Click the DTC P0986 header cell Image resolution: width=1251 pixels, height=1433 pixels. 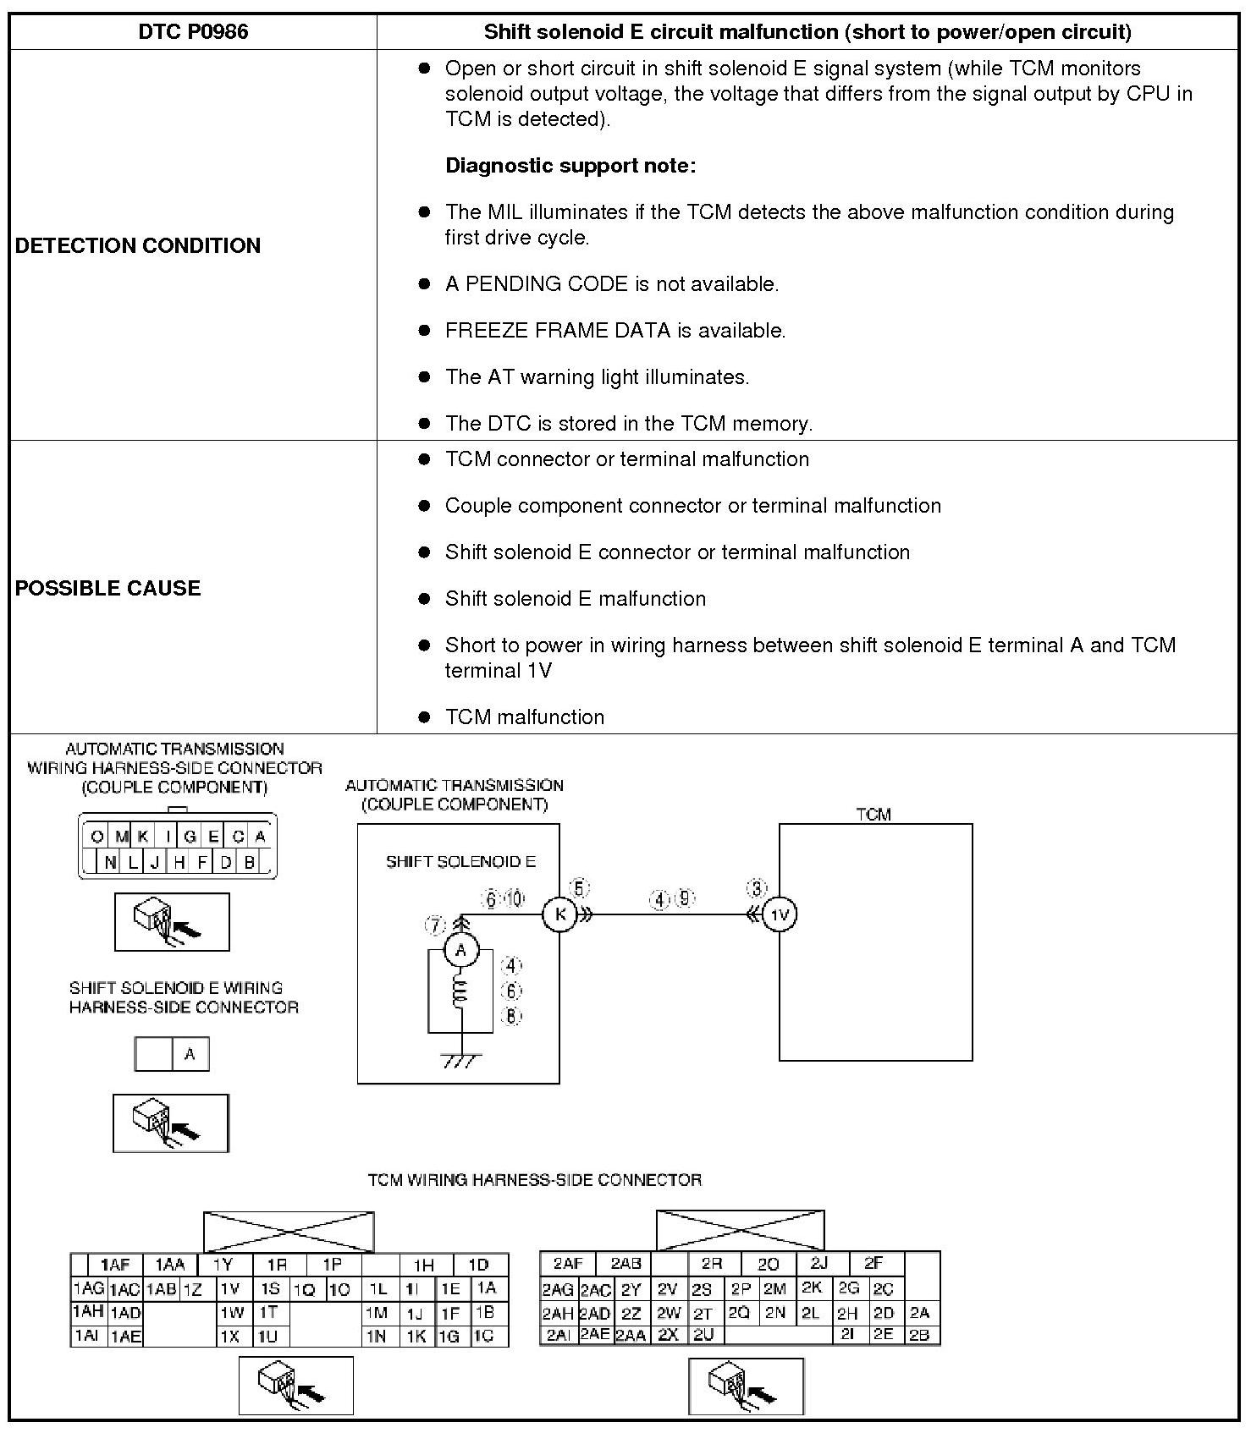[x=193, y=32]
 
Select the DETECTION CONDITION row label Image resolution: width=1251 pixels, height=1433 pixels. [x=138, y=245]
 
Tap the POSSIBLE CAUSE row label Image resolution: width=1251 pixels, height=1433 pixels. [x=107, y=588]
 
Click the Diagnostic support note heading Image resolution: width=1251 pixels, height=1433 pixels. [x=570, y=166]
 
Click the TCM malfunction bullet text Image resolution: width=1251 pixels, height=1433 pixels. [x=525, y=717]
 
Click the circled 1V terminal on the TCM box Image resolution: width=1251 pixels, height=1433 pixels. [x=780, y=914]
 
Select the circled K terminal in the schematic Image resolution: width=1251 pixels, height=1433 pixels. [x=559, y=914]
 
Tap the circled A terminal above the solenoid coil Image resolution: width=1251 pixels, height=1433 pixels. [x=461, y=950]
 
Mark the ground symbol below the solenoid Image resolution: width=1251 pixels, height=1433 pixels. [x=461, y=1060]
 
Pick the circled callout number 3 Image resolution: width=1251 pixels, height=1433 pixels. [x=756, y=888]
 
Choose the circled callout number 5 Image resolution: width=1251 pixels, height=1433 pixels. [x=579, y=888]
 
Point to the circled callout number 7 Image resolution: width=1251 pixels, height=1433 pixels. [x=435, y=926]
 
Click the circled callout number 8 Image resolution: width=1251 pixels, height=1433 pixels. [x=511, y=1016]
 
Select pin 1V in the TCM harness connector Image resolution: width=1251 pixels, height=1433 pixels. [x=230, y=1289]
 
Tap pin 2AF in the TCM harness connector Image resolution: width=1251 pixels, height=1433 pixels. [x=568, y=1264]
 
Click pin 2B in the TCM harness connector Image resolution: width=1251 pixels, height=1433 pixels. [x=919, y=1336]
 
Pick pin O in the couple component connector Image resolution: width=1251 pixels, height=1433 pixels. [x=97, y=837]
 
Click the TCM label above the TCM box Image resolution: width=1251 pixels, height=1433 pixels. [x=873, y=815]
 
